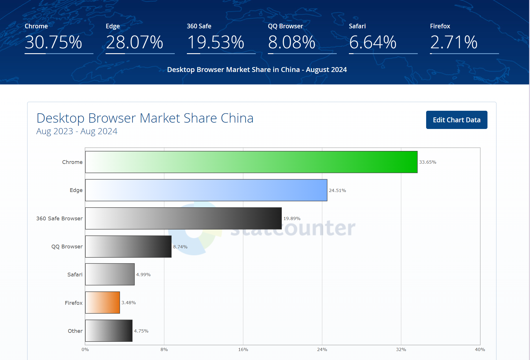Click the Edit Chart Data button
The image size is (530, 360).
tap(457, 120)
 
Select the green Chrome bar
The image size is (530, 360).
tap(251, 162)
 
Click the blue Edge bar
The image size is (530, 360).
tap(206, 190)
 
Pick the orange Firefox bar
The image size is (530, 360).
tap(102, 302)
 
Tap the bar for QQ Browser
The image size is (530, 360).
tap(128, 246)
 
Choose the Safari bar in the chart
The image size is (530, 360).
tap(110, 274)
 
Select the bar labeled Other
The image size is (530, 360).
tap(109, 331)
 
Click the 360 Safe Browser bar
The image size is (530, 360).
tap(183, 218)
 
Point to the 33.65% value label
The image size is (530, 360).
tap(428, 162)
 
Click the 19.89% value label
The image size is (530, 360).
tap(292, 219)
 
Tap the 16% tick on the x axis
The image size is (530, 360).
tap(243, 350)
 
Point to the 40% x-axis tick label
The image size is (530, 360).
tap(480, 350)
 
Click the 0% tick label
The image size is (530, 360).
tap(85, 350)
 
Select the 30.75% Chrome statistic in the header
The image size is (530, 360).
tap(54, 42)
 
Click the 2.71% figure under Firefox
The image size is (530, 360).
tap(454, 42)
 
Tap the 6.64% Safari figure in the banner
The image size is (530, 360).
tap(373, 42)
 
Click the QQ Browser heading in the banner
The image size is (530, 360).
tap(286, 26)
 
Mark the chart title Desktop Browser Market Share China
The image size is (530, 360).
tap(145, 118)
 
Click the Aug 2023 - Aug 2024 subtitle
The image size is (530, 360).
tap(77, 131)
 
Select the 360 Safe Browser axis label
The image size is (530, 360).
tap(59, 219)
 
